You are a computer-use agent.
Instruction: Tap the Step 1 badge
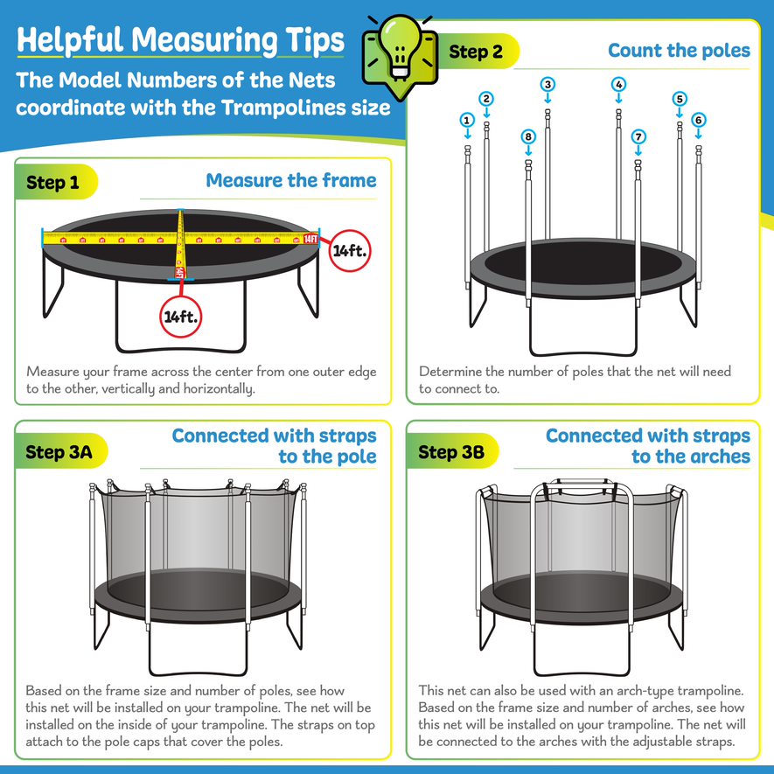coord(52,183)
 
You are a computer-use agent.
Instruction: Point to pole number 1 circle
coord(468,120)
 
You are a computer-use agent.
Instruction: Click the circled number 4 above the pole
coord(618,85)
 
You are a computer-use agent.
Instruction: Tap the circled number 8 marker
coord(527,136)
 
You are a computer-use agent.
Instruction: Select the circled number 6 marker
coord(698,120)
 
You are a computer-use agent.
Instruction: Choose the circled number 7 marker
coord(638,136)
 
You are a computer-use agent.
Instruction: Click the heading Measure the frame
coord(291,181)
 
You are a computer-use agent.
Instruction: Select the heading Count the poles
coord(679,51)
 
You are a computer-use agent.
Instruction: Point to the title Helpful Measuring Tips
coord(180,40)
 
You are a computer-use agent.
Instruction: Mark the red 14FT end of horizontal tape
coord(310,238)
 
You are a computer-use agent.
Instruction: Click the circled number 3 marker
coord(547,85)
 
